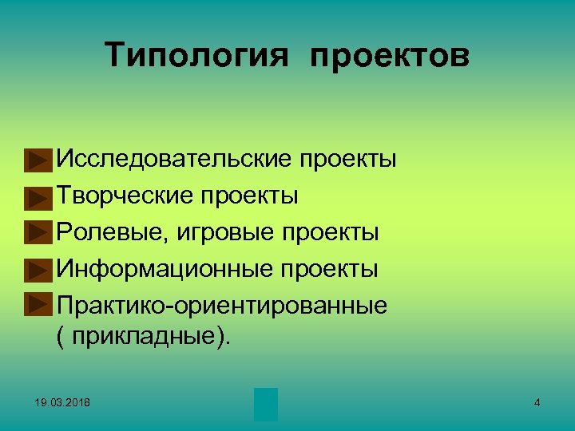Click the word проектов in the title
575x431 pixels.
[390, 56]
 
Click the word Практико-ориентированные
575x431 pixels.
[222, 305]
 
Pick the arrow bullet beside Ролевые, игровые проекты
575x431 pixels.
[36, 234]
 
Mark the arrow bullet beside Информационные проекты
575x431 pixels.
[36, 271]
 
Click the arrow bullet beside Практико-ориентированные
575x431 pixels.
[36, 306]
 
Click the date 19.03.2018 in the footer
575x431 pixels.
[62, 403]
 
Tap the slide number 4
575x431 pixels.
[537, 403]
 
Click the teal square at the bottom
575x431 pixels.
[266, 405]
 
